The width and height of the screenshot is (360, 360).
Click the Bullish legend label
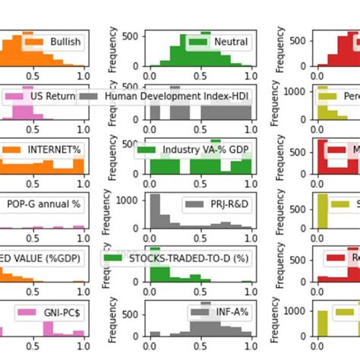[x=65, y=42]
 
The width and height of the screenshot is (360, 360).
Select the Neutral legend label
[x=231, y=42]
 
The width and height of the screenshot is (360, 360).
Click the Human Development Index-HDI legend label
[x=178, y=96]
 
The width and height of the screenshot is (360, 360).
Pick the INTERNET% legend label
[x=54, y=150]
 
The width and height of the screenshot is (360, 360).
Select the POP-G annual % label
[x=43, y=204]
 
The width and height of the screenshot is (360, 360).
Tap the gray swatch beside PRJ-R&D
[x=195, y=204]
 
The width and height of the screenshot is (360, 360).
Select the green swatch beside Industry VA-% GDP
[x=146, y=150]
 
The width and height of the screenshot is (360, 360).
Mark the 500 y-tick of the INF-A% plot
[x=134, y=313]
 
